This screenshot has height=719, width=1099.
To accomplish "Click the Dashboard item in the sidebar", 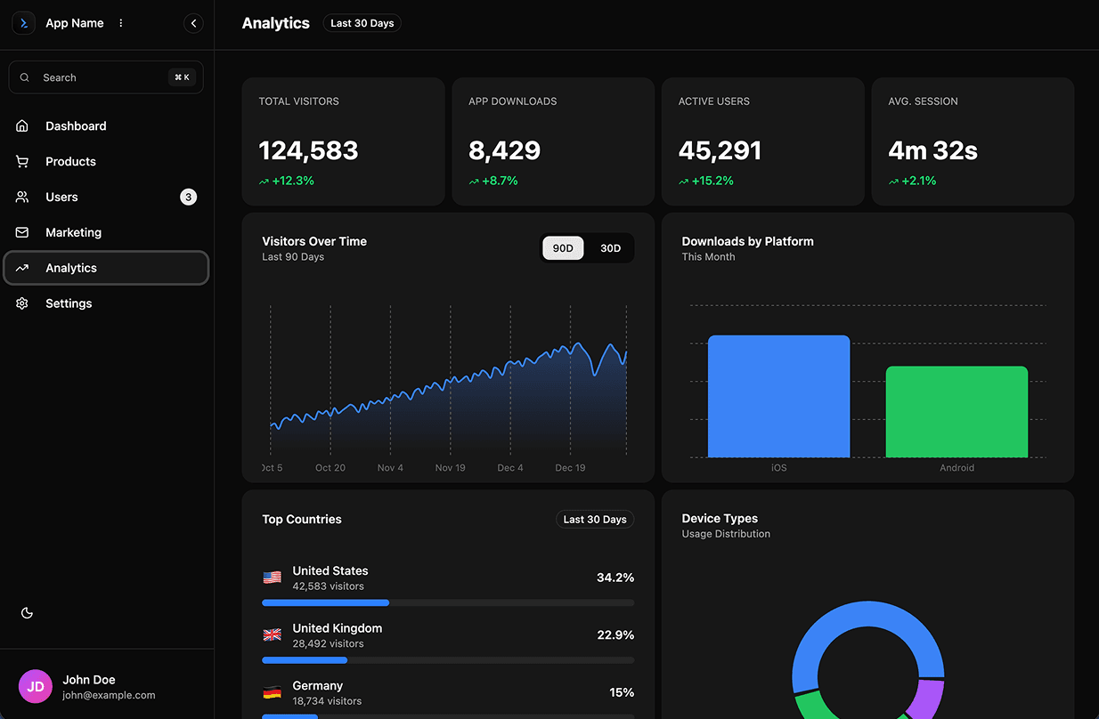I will pos(76,126).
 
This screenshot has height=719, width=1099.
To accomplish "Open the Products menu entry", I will pos(70,162).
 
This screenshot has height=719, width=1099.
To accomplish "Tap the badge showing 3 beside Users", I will pos(188,198).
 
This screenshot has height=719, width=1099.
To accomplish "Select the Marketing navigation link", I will pos(73,232).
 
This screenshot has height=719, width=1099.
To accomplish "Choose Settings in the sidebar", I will pos(69,303).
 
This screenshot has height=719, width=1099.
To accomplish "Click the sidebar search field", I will pos(105,77).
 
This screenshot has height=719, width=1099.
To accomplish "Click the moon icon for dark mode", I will pos(27,613).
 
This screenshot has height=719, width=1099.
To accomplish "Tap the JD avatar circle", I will pos(36,687).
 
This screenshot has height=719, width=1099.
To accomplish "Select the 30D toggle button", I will pos(610,248).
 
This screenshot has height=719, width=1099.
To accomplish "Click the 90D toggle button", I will pos(563,248).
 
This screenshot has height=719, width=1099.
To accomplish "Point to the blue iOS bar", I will pos(778,397).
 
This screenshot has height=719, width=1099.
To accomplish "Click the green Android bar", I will pos(957,412).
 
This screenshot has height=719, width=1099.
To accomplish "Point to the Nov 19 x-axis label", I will pos(450,468).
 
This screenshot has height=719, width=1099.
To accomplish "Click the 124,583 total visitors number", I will pos(308,150).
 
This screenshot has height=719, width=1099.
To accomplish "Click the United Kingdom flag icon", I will pos(273,635).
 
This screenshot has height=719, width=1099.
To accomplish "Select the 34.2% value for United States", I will pos(615,578).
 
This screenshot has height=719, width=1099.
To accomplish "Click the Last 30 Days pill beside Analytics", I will pos(362,23).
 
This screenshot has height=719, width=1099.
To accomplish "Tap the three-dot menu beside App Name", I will pos(121,23).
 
